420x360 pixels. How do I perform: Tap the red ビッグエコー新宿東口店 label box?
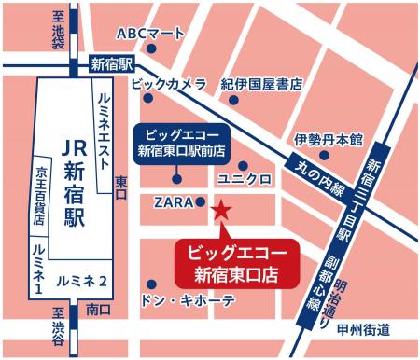(x=237, y=264)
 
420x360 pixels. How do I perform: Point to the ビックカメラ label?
(x=168, y=85)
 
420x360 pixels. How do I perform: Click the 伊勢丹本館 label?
(x=328, y=139)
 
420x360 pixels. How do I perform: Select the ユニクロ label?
(x=244, y=177)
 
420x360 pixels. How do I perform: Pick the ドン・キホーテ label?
(x=188, y=301)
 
